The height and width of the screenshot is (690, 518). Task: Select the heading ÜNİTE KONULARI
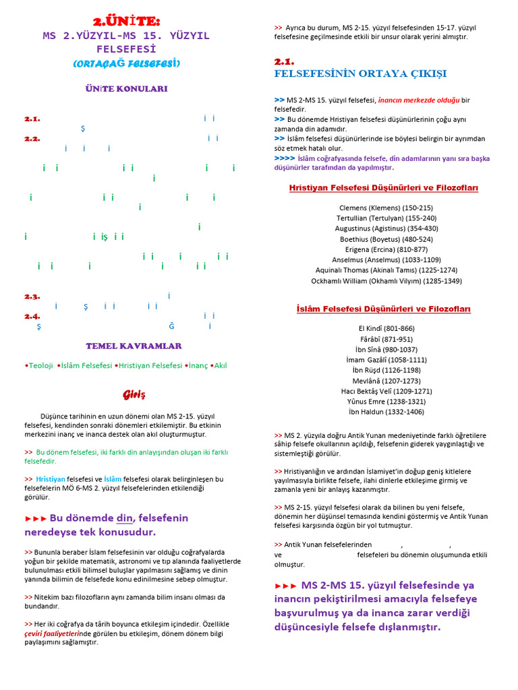[126, 89]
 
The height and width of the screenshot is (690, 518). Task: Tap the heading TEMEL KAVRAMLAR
[134, 346]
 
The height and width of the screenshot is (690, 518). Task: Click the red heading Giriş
[134, 394]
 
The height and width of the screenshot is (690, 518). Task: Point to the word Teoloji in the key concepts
[38, 365]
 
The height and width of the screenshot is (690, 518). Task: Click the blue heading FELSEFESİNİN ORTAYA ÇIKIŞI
[359, 73]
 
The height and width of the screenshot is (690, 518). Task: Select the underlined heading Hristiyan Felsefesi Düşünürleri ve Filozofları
[383, 188]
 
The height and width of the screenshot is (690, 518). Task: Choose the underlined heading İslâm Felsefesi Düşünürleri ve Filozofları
[383, 309]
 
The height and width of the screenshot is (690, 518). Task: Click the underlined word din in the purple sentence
[125, 518]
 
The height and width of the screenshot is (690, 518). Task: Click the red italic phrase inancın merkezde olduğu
[419, 100]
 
